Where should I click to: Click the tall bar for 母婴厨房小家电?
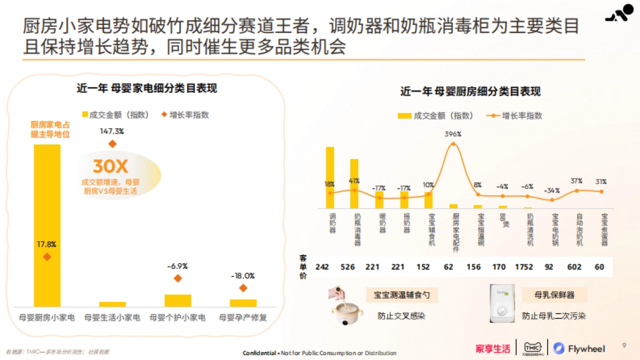(x=47, y=224)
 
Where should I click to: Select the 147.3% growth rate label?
(x=112, y=131)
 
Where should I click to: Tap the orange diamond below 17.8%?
(x=47, y=257)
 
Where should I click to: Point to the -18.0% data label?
(x=243, y=276)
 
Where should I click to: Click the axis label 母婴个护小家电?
(x=178, y=317)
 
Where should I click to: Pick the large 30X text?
(x=110, y=166)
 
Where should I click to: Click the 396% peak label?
(x=453, y=134)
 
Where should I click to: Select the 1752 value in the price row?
(x=524, y=267)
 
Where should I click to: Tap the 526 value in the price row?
(x=347, y=267)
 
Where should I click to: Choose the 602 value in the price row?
(x=574, y=267)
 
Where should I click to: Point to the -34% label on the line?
(x=552, y=190)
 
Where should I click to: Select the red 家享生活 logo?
(x=493, y=349)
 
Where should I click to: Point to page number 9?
(x=625, y=346)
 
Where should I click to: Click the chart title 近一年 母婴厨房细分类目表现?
(x=470, y=92)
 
